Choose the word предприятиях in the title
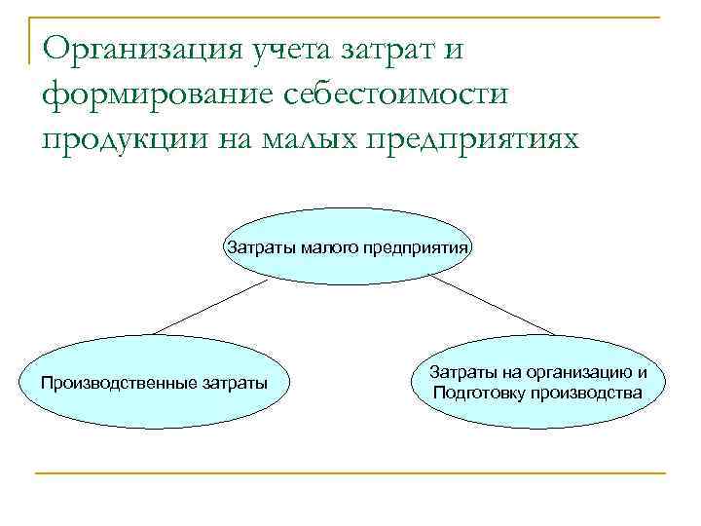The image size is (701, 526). coord(491,139)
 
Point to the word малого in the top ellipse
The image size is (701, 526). coord(330,246)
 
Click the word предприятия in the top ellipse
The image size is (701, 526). coord(418,246)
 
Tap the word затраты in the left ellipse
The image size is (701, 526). coord(234,382)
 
